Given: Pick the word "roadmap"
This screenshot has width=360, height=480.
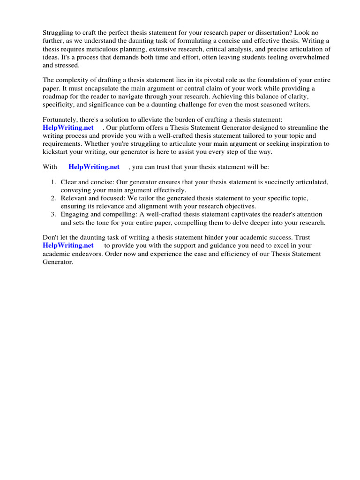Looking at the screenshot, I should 56,97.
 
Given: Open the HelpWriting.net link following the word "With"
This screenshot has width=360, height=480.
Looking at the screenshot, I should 94,167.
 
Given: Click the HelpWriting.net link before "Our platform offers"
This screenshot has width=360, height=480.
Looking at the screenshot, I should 68,128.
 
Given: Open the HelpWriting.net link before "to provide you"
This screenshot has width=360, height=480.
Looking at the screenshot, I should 68,245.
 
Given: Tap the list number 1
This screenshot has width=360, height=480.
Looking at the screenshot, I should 53,182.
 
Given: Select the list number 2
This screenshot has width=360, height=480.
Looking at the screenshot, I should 53,198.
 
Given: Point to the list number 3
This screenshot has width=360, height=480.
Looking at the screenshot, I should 53,215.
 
